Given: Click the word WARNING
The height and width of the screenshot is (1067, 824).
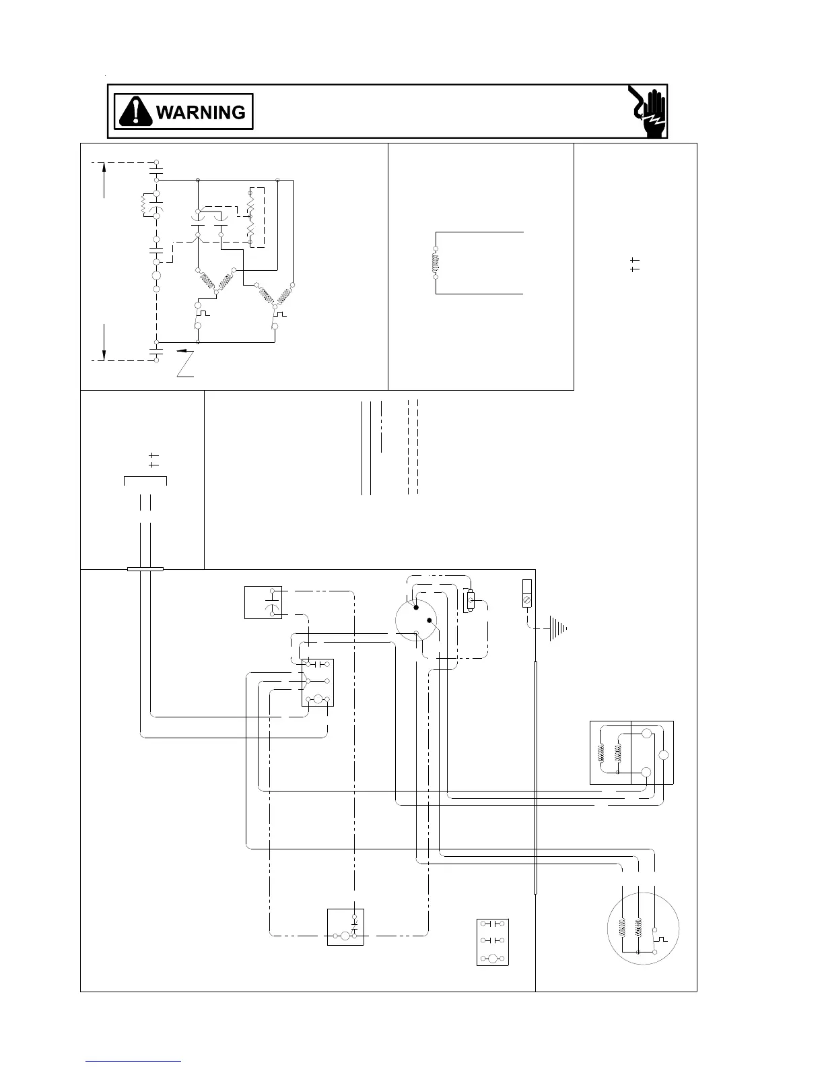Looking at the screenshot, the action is [x=200, y=112].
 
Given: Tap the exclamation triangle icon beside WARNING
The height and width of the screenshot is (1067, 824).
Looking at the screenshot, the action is [x=135, y=111].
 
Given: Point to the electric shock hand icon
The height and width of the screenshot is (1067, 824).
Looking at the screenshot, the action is [x=648, y=112].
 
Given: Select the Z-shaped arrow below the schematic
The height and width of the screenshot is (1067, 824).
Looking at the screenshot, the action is [x=186, y=363].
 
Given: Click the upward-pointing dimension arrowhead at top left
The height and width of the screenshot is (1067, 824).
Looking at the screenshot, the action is [x=104, y=168].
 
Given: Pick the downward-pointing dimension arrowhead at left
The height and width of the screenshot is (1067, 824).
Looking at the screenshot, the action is [x=104, y=354].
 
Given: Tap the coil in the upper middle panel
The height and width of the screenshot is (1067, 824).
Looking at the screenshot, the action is [x=436, y=263].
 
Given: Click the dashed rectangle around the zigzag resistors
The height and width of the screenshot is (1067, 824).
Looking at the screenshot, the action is [x=256, y=217].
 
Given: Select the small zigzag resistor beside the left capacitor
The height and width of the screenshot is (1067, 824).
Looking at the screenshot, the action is [x=143, y=205].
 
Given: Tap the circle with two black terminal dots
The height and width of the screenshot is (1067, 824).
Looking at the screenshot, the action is [x=415, y=620].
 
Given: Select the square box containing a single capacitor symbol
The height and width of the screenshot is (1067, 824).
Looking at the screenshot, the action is [x=263, y=602].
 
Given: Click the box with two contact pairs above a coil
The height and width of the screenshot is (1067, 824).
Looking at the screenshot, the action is [x=492, y=942].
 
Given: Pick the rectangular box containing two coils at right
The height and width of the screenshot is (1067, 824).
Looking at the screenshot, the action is [x=631, y=752].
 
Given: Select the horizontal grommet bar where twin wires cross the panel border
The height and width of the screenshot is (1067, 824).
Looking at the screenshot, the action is [x=145, y=569].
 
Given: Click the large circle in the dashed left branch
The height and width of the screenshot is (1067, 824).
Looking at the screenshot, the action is [x=157, y=276].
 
